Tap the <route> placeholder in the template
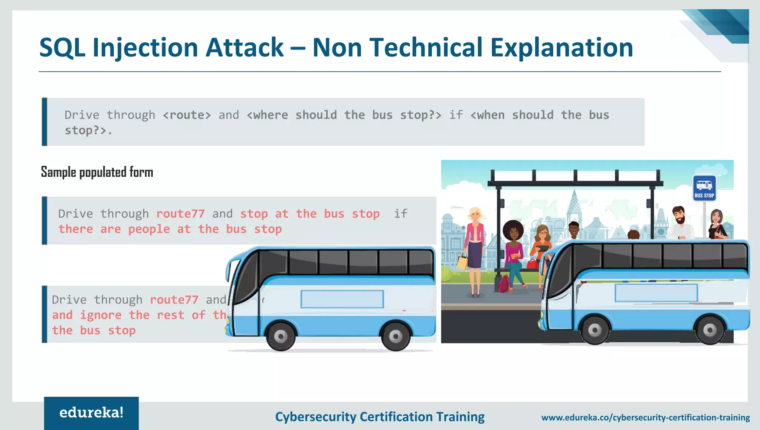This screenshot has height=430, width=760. [x=187, y=115]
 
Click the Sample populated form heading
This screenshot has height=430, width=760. [x=97, y=172]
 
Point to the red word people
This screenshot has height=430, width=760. [x=149, y=229]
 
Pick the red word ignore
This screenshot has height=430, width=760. [x=101, y=315]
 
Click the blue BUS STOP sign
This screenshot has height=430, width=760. [x=704, y=188]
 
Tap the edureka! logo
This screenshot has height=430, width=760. [x=91, y=413]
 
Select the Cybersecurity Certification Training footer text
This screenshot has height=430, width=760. [x=380, y=417]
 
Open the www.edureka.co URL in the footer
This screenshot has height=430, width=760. [x=645, y=417]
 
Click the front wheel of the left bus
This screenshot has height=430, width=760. [x=281, y=336]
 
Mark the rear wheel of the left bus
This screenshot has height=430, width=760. [x=396, y=336]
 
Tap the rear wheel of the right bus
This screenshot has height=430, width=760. [x=710, y=330]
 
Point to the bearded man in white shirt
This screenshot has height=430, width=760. [x=680, y=223]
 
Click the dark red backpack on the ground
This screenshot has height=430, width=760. [x=504, y=283]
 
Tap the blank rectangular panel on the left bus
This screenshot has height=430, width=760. [x=342, y=299]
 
